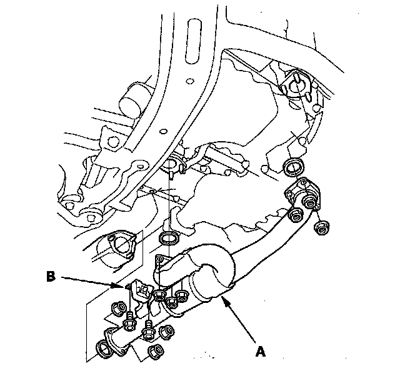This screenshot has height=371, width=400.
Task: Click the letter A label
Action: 260,352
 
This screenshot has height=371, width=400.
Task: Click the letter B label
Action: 51,277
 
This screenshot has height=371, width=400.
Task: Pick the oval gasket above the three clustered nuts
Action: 168,239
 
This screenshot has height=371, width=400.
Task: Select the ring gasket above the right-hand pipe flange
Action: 293,167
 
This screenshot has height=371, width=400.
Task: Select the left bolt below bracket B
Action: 129,321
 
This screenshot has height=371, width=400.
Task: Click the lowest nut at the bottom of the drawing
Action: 156,352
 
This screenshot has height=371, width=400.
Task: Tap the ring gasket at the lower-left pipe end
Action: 104,349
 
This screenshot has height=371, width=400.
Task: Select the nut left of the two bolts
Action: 119,309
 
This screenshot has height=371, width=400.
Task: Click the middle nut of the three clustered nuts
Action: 172,303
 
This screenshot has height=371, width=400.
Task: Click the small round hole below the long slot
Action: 190,81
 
